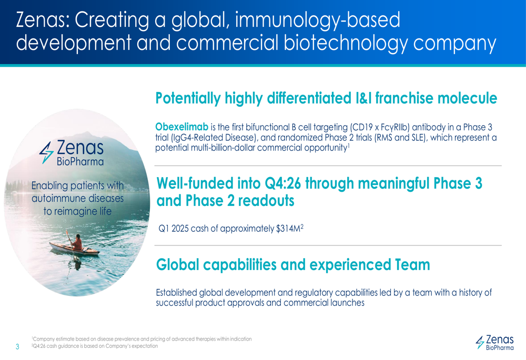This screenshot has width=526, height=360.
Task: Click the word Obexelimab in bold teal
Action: (182, 127)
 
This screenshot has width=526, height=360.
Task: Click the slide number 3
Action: (17, 346)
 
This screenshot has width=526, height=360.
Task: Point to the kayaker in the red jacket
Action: (76, 242)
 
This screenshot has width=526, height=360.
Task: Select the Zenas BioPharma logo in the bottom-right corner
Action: (494, 342)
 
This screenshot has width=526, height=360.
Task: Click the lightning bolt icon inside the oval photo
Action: (46, 152)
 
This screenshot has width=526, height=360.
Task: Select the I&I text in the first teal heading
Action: (363, 98)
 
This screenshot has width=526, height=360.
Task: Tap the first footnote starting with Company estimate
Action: (141, 339)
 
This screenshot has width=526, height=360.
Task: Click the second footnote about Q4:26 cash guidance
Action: (95, 346)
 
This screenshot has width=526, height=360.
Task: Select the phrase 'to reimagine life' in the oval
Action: (77, 211)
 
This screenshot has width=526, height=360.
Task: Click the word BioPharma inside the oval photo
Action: (80, 162)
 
